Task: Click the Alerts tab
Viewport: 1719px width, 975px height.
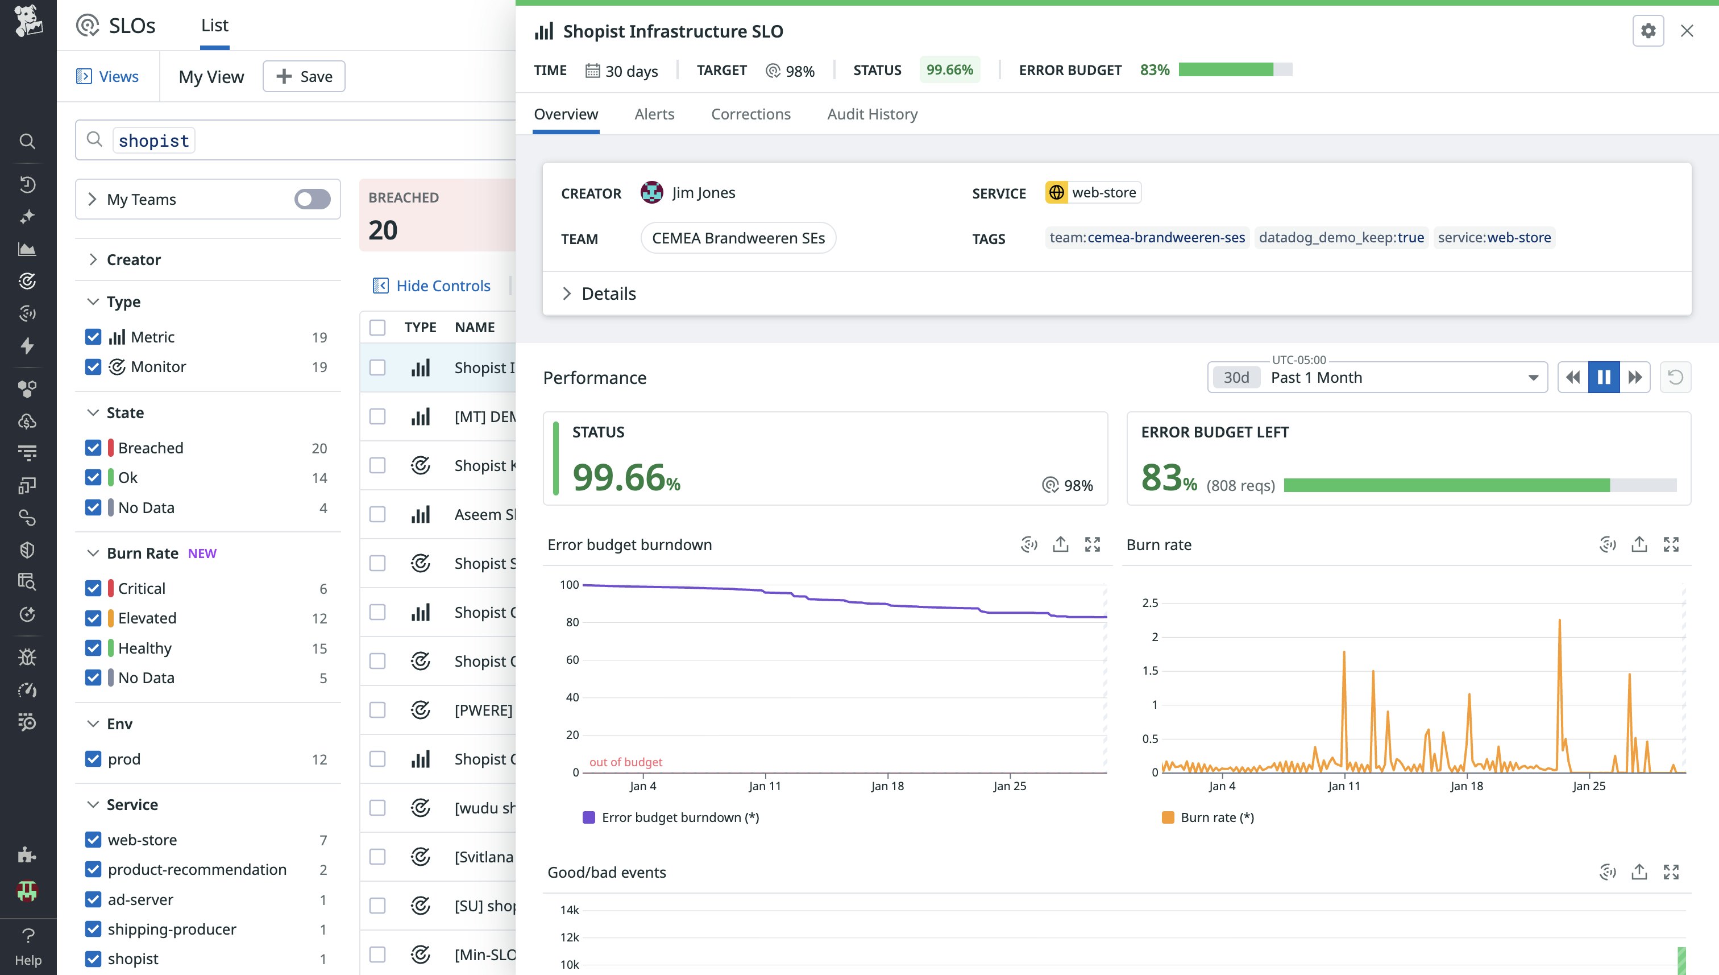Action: tap(654, 114)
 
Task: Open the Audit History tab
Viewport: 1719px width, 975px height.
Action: tap(872, 114)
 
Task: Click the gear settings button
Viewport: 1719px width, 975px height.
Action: tap(1647, 31)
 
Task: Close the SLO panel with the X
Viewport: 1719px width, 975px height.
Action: tap(1686, 31)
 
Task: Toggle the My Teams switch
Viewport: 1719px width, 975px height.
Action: tap(312, 199)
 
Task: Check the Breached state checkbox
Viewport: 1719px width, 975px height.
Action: tap(93, 448)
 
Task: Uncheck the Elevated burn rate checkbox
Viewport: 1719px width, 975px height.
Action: tap(93, 618)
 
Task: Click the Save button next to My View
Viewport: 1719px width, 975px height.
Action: tap(304, 76)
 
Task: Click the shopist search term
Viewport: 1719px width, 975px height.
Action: tap(153, 141)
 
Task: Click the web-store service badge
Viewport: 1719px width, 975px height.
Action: tap(1093, 193)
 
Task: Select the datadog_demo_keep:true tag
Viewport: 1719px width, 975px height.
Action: tap(1341, 238)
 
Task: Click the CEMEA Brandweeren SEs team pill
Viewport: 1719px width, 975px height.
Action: tap(738, 238)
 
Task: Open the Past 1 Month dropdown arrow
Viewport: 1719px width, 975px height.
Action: tap(1533, 378)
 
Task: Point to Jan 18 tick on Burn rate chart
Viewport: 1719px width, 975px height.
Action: tap(1466, 786)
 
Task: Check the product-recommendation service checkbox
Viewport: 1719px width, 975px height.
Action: tap(93, 869)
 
